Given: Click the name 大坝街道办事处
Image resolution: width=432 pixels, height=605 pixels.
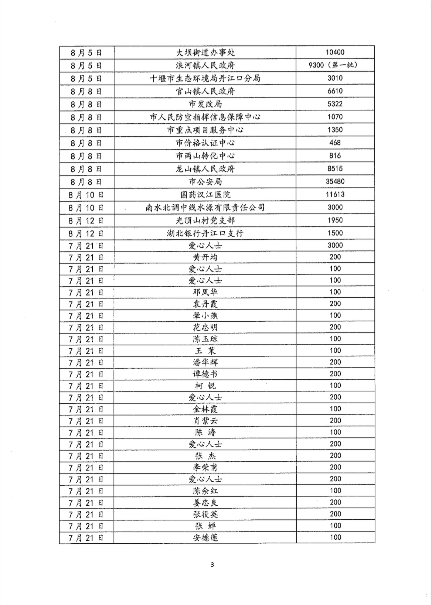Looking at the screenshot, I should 205,52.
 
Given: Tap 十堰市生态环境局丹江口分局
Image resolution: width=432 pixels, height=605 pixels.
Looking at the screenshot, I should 205,78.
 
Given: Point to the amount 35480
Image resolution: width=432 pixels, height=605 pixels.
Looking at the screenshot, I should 335,181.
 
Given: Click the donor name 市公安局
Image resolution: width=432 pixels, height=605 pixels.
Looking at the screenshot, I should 205,182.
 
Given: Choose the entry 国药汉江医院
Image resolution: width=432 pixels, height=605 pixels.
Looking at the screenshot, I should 205,195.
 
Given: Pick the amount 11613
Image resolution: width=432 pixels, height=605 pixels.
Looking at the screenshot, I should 335,194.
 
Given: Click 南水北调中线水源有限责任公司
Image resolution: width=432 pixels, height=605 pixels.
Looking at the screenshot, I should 205,208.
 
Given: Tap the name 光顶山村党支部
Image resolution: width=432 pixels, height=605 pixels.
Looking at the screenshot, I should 205,221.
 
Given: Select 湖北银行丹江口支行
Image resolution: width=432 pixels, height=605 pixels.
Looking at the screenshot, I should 205,233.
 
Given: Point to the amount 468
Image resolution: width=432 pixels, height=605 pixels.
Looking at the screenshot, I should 335,143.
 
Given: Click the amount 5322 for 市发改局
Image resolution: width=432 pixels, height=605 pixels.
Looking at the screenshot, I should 335,104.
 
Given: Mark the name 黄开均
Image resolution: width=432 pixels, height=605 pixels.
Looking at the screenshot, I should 205,257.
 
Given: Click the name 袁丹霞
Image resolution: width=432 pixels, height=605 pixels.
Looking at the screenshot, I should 205,304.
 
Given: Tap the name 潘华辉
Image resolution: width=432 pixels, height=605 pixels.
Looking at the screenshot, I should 205,362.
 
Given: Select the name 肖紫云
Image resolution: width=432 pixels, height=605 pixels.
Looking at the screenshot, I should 205,421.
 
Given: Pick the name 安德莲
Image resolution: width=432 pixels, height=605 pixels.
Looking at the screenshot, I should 205,537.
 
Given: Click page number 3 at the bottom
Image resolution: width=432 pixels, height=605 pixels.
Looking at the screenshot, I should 212,564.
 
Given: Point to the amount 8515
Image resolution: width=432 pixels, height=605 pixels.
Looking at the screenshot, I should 335,168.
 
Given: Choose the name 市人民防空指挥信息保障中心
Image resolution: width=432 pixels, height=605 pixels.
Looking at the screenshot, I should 205,117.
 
